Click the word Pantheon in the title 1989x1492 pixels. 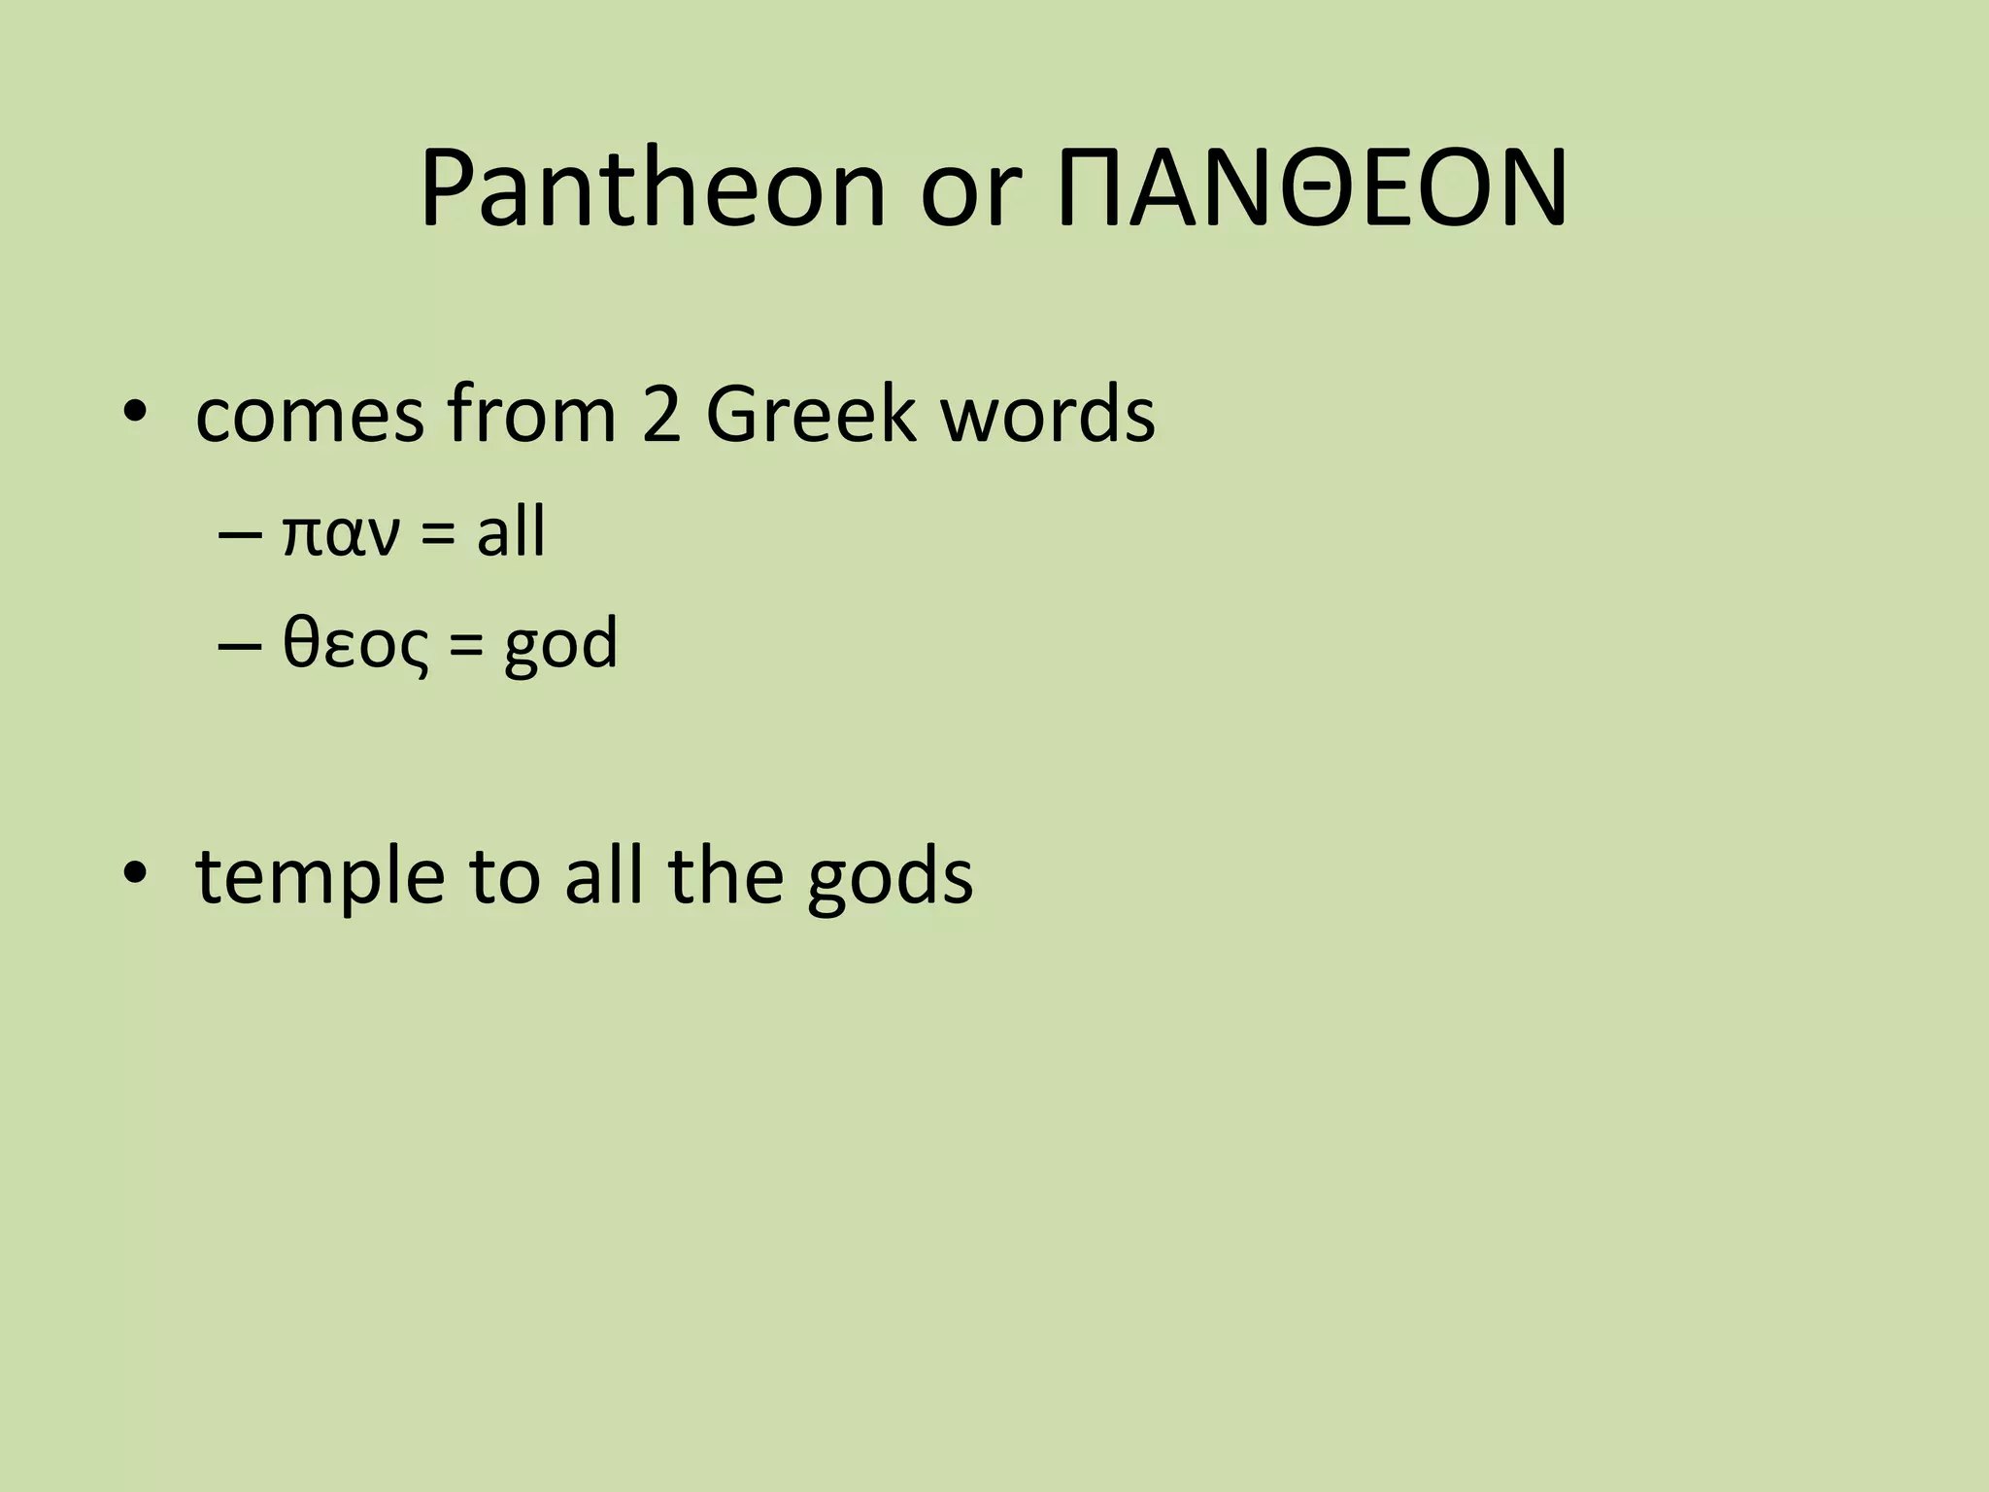pos(653,190)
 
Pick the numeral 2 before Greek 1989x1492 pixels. pos(661,416)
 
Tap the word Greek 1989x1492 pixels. pos(810,416)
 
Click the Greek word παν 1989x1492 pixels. pos(339,537)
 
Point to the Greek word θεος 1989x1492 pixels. pos(354,646)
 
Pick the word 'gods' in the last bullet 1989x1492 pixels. pos(890,879)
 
